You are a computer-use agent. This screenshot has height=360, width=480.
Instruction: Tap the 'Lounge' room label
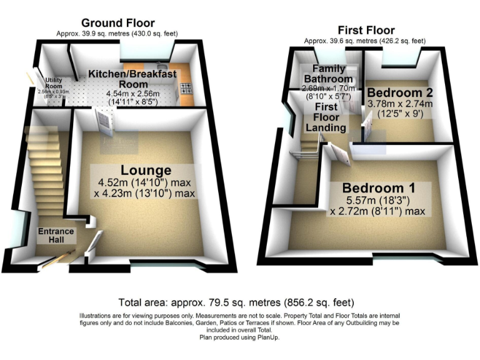(146, 170)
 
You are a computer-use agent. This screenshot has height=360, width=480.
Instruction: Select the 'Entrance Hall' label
(56, 236)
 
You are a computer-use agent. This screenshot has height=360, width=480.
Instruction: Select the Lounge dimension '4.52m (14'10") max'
(144, 182)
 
